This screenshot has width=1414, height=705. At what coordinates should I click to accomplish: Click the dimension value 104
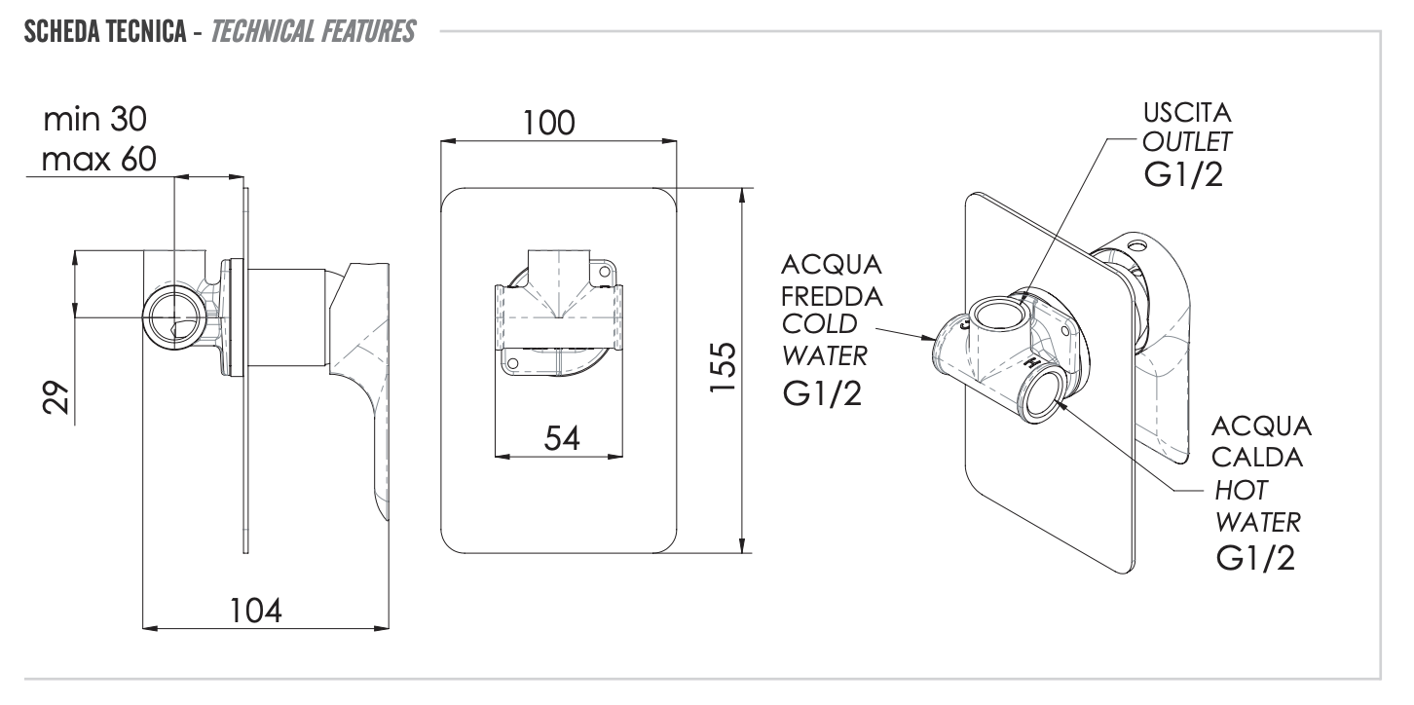256,612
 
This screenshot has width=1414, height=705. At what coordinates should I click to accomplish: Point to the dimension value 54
561,438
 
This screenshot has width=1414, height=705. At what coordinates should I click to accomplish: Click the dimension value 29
57,397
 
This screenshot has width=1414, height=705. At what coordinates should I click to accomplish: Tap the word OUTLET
1187,142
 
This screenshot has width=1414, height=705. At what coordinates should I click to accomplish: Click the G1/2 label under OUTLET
1185,179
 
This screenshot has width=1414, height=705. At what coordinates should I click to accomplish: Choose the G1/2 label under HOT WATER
1256,559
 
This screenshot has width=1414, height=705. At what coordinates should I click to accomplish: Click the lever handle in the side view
368,390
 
